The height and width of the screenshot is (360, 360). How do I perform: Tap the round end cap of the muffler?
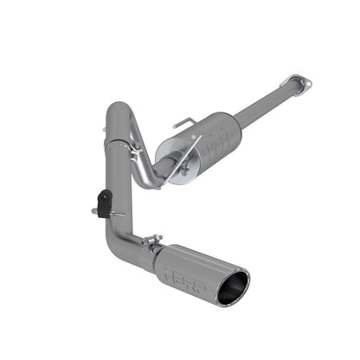pos(177,170)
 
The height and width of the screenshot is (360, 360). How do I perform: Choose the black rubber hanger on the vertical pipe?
pos(104,204)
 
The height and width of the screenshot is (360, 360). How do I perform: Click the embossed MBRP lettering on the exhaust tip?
pos(178,269)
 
